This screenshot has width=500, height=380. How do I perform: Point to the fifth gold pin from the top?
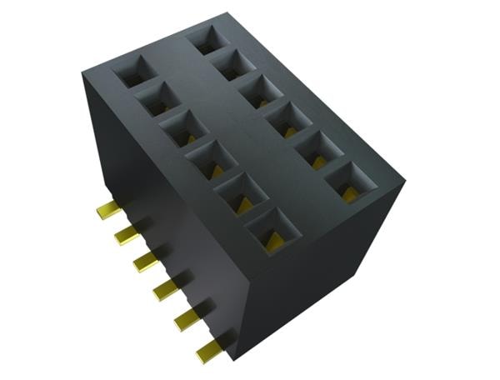coord(184,318)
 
